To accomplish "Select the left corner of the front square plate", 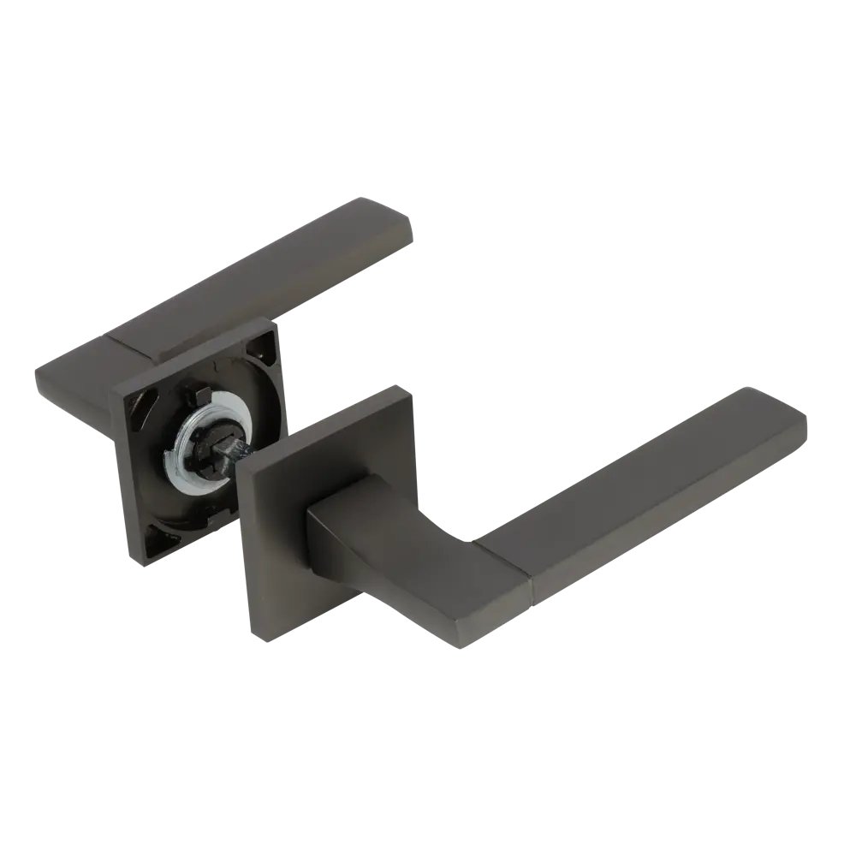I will coord(238,467).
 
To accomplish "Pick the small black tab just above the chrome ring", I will coord(193,395).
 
